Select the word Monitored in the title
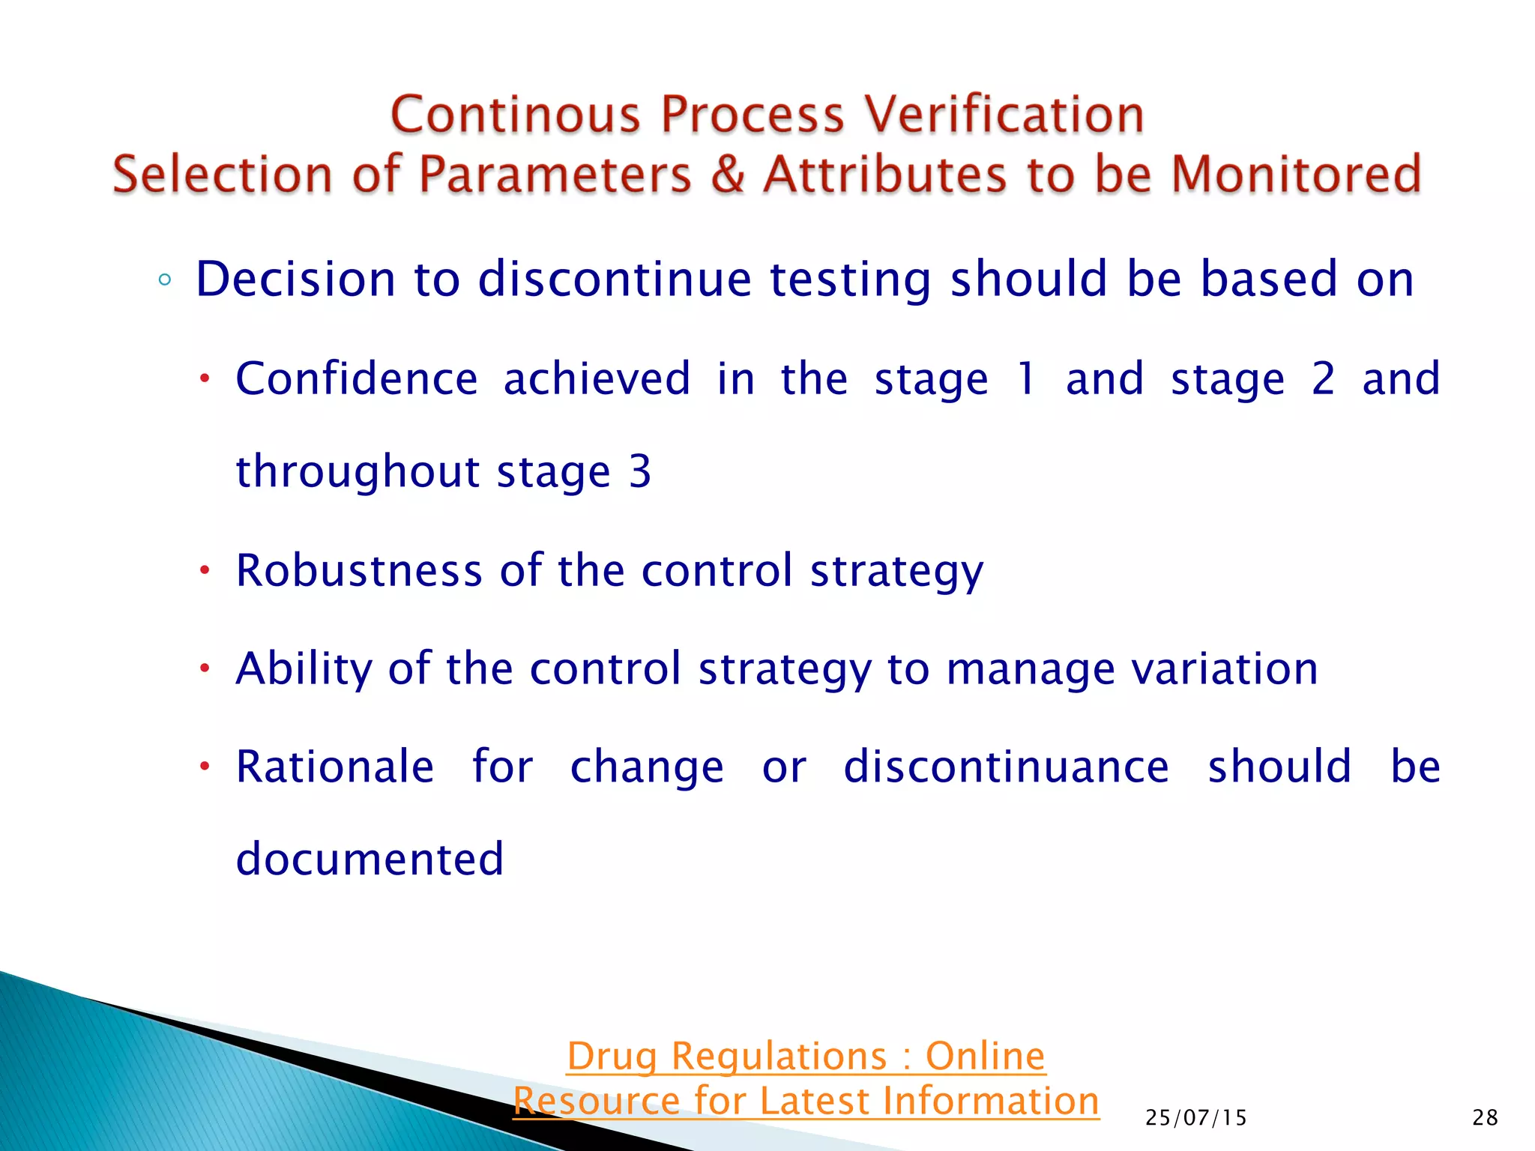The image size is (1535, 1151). click(x=1296, y=175)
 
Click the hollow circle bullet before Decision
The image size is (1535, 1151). click(x=165, y=281)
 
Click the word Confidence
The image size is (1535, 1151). click(x=357, y=378)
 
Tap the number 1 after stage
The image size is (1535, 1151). click(x=1026, y=378)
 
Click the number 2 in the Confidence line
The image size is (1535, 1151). click(x=1323, y=378)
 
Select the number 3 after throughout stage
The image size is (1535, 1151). click(x=639, y=472)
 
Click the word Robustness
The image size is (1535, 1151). click(x=359, y=571)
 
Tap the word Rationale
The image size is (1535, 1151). click(x=335, y=767)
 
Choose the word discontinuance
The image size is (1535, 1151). click(x=1006, y=767)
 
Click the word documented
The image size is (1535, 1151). click(x=370, y=860)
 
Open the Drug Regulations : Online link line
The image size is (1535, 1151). click(x=806, y=1057)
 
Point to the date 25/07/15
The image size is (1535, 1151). click(x=1196, y=1118)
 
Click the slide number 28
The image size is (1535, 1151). click(x=1485, y=1118)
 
